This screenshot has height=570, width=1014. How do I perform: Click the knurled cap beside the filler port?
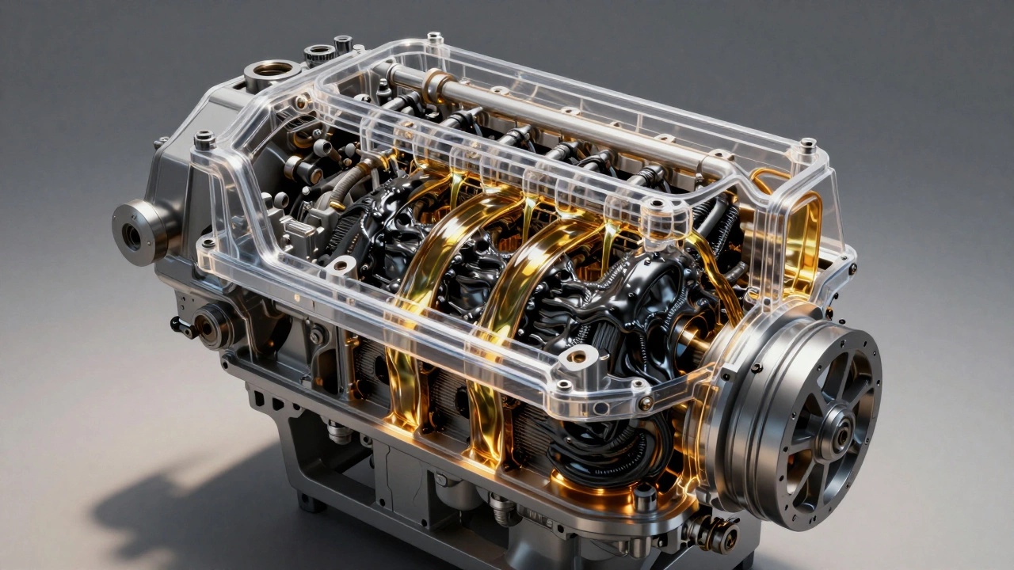pos(318,54)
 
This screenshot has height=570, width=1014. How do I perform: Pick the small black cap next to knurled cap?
pos(343,43)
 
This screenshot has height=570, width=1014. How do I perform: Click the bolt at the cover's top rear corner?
pos(434,38)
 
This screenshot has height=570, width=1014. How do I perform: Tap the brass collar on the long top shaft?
pos(433,82)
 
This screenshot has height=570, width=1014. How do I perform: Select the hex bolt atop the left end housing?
pos(204,140)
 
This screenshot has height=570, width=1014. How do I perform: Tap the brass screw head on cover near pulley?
pos(646,402)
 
